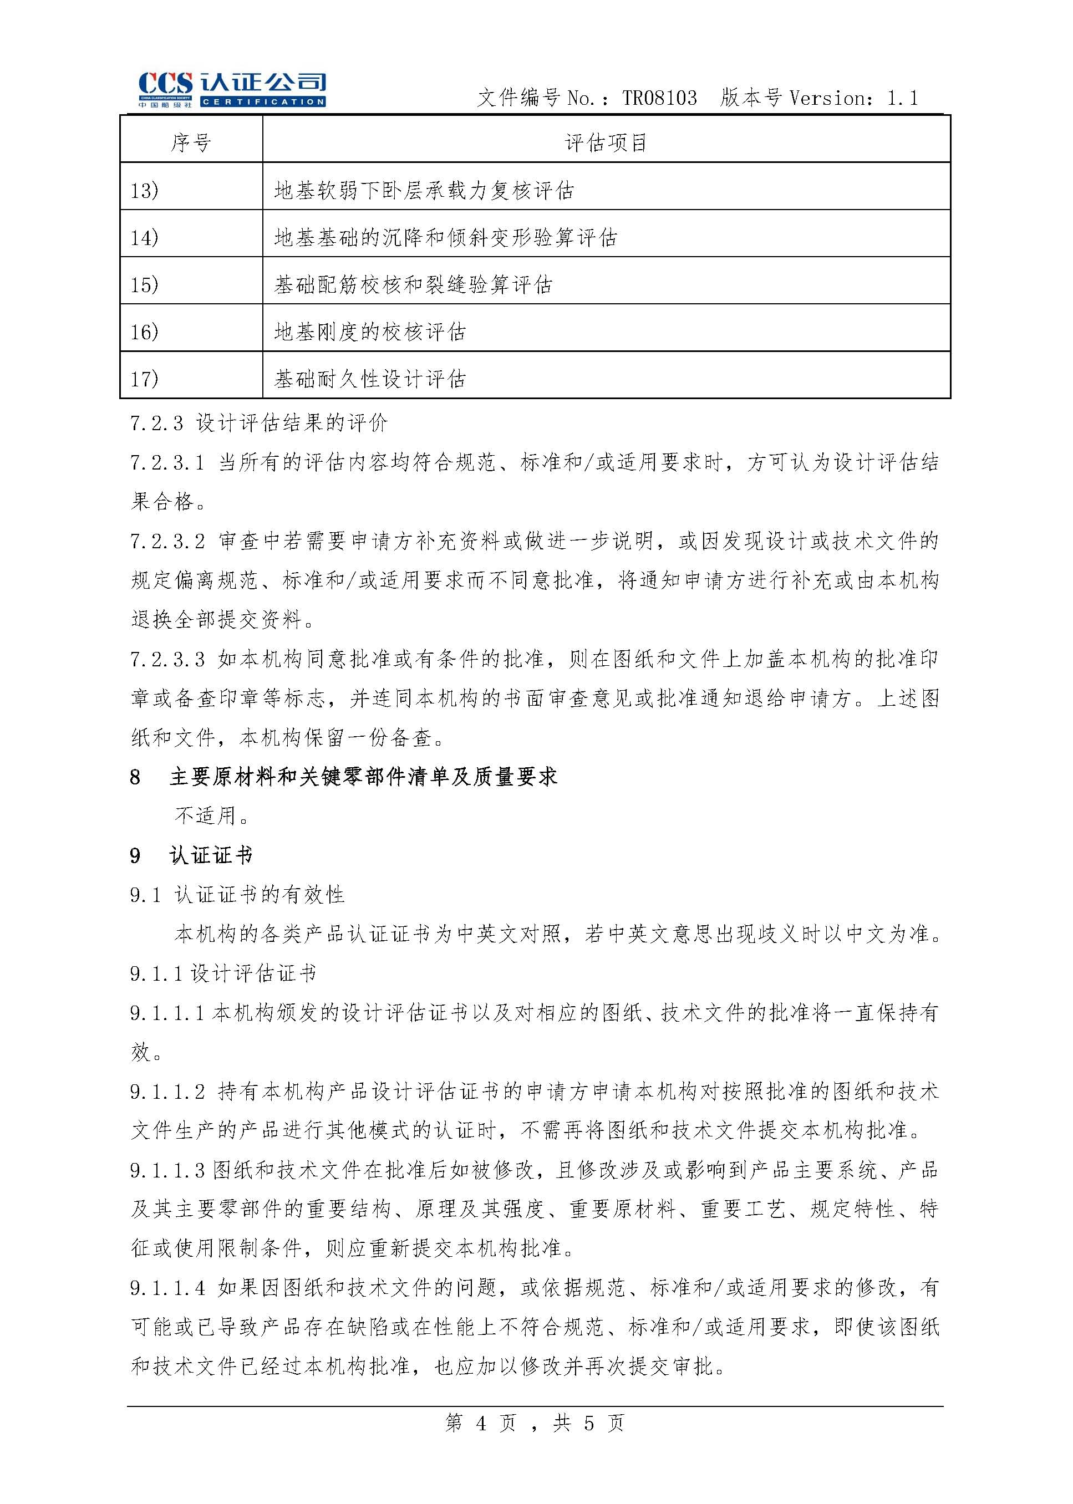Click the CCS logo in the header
click(x=231, y=89)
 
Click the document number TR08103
click(x=659, y=99)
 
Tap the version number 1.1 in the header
click(x=902, y=99)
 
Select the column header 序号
click(x=191, y=142)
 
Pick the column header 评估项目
click(x=606, y=142)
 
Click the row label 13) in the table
click(x=145, y=191)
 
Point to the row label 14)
click(x=145, y=238)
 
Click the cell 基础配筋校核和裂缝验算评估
click(x=413, y=285)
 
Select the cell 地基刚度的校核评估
click(x=370, y=332)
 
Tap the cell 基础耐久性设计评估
click(x=370, y=379)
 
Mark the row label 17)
click(x=145, y=379)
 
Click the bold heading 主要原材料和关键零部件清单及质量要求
click(x=363, y=777)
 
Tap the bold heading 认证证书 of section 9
click(x=211, y=856)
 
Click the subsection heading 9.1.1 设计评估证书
click(x=223, y=973)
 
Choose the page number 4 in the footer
click(x=481, y=1423)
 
